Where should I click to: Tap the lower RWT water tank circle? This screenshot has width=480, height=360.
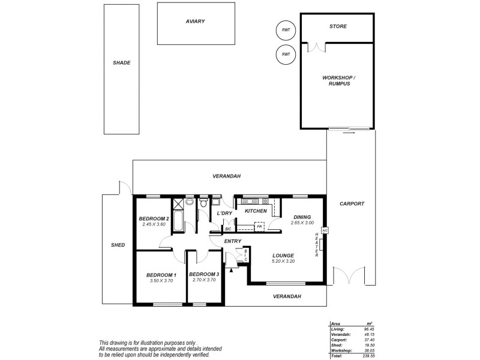point(286,55)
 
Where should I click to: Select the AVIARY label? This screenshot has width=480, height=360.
point(195,21)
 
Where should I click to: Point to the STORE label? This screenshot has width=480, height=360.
point(338,26)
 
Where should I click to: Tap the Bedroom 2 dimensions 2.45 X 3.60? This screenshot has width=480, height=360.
point(153,224)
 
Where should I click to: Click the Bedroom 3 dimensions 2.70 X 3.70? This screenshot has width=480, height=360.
point(203,280)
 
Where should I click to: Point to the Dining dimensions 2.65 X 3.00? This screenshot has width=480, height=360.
point(302,223)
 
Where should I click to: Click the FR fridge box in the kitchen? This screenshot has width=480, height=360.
point(260,227)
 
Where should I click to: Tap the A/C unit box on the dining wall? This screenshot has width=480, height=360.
point(325,230)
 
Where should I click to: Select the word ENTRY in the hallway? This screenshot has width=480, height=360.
point(232,242)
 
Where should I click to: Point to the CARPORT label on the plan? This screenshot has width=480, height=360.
point(352,204)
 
